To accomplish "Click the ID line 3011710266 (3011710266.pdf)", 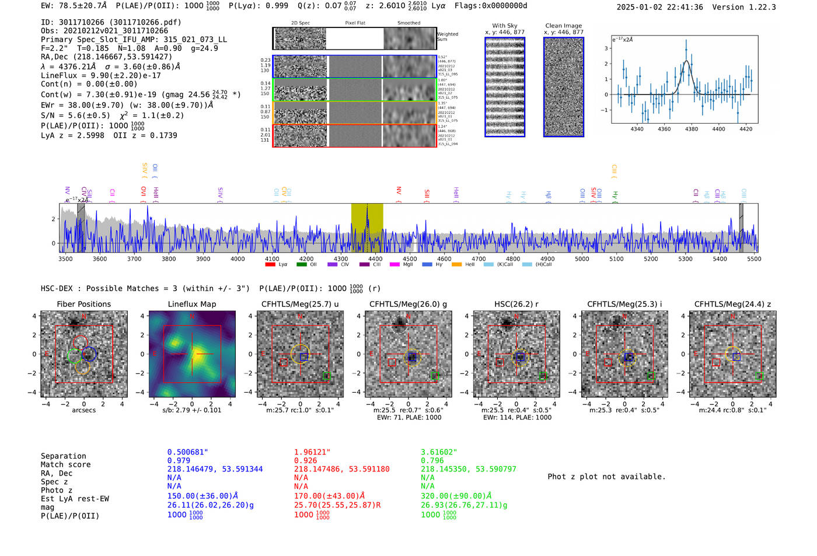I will click(x=111, y=22).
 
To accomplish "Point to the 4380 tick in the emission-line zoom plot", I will click(x=692, y=129).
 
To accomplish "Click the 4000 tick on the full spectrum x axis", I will click(x=238, y=259).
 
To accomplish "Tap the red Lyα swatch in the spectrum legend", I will click(x=270, y=265).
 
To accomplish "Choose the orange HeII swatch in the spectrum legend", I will click(x=456, y=265).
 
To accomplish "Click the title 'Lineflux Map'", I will click(x=192, y=304).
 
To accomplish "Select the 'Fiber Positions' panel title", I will click(x=84, y=304).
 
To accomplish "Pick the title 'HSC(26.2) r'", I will click(x=516, y=304).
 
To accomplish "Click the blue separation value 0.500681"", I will click(x=188, y=452).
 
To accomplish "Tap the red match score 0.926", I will click(x=306, y=460).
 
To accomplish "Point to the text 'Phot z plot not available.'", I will click(x=606, y=477).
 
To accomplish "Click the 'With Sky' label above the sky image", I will click(x=505, y=26).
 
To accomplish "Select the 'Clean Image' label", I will click(x=564, y=26).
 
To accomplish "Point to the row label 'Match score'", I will click(x=65, y=464).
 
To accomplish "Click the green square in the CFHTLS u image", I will click(x=327, y=376).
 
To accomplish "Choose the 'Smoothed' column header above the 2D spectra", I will click(x=408, y=23).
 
